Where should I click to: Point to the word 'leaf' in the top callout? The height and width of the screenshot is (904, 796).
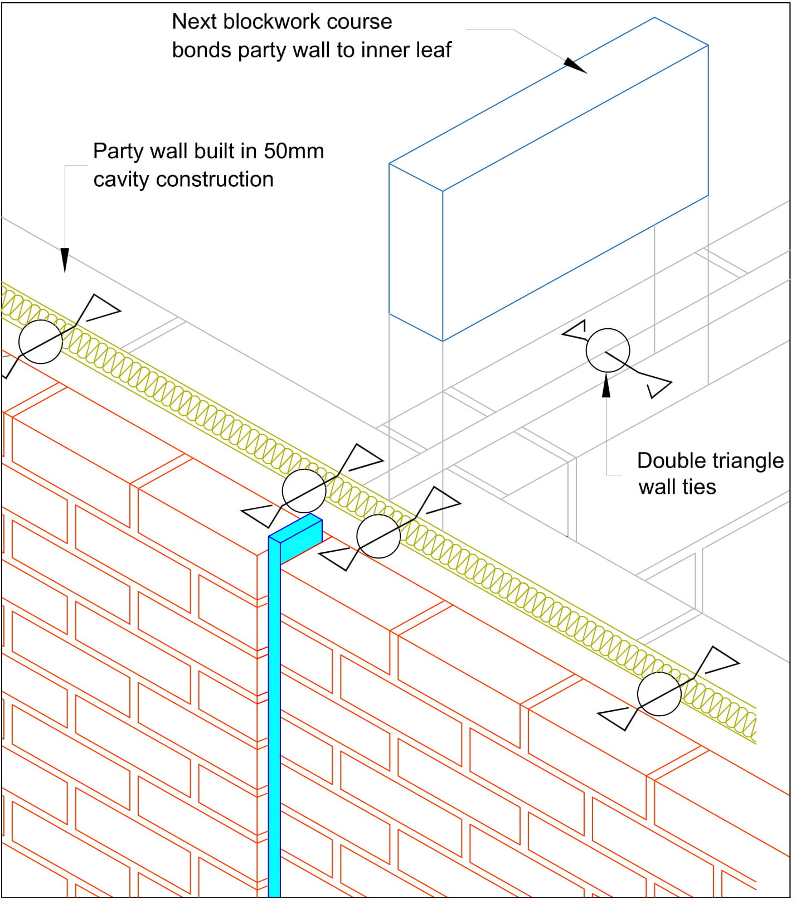coord(434,50)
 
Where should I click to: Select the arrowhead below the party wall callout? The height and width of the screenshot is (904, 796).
coord(65,260)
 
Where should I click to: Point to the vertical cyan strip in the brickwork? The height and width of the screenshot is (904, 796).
coord(274,725)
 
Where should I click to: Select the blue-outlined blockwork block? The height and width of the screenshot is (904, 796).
coord(549,178)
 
